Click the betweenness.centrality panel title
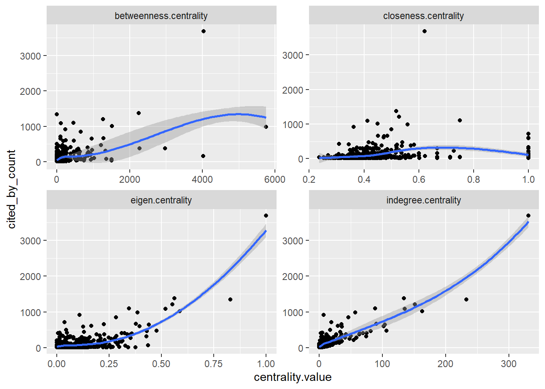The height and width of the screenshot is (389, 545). [x=161, y=16]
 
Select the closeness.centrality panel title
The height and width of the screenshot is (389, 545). [x=423, y=16]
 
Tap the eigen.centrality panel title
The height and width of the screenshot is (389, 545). [x=161, y=200]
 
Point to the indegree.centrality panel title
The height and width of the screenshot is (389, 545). [x=423, y=200]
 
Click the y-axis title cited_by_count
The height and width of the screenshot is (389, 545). [x=11, y=189]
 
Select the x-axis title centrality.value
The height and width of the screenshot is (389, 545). [x=292, y=377]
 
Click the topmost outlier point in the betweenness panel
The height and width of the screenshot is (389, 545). [x=204, y=31]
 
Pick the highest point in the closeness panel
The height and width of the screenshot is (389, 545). [x=425, y=31]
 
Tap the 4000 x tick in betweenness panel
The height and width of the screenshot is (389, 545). [x=202, y=180]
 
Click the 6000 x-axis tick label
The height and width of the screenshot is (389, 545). [x=275, y=180]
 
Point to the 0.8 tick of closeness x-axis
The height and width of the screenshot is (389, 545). [x=474, y=180]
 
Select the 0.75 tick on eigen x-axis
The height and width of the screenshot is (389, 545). [x=213, y=364]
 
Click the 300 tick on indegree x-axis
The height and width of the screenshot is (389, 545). [x=509, y=364]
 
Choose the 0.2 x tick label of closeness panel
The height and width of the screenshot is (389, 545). [x=309, y=180]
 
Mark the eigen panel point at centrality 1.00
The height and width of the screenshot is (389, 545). [x=266, y=216]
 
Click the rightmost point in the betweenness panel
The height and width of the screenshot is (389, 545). [x=266, y=127]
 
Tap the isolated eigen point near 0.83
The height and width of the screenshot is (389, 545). [x=230, y=299]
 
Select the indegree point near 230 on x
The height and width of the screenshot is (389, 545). [x=466, y=299]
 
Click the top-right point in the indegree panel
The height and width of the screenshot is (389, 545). [x=528, y=216]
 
